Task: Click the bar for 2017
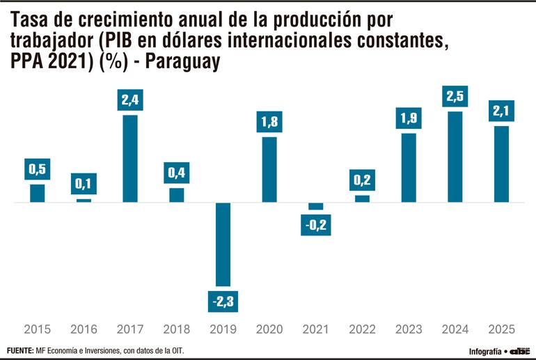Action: (x=129, y=159)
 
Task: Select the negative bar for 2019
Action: (x=223, y=244)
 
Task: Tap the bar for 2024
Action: (x=455, y=157)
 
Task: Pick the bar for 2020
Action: (x=269, y=169)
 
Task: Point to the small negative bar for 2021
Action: (x=316, y=206)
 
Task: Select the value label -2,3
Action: (x=223, y=302)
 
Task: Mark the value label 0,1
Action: (x=84, y=183)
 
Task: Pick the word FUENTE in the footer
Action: (x=19, y=350)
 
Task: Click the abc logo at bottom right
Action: (x=520, y=351)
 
